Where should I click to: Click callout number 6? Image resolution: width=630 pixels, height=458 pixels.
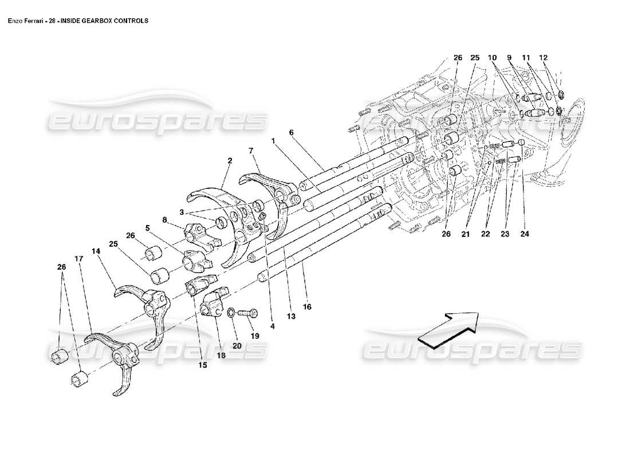[x=291, y=132]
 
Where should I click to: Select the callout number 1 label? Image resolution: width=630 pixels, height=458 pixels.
[x=274, y=141]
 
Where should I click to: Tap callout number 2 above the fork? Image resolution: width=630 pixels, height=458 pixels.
[x=230, y=161]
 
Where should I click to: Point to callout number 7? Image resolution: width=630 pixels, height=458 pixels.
[x=251, y=150]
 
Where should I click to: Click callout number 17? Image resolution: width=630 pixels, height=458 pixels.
[x=78, y=258]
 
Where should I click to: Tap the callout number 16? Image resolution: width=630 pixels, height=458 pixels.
[x=307, y=307]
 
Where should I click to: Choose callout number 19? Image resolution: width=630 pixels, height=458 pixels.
[x=254, y=336]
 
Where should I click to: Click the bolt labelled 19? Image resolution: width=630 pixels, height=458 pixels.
[x=247, y=313]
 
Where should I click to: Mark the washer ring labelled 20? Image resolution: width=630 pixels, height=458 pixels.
[x=230, y=313]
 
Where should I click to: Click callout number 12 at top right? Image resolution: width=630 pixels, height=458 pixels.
[x=543, y=58]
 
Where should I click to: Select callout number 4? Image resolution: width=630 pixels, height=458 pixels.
[x=273, y=327]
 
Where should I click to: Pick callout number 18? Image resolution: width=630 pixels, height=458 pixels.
[x=220, y=356]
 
